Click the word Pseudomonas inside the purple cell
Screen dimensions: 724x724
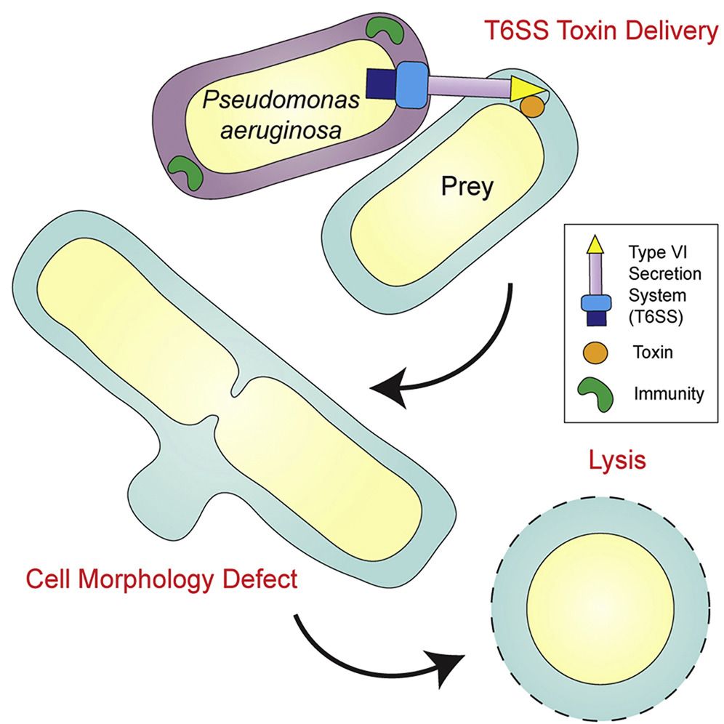click(x=281, y=100)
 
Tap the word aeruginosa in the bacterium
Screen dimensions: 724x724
click(x=281, y=131)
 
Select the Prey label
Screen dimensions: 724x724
click(x=467, y=188)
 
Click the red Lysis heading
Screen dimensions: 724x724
click(x=617, y=460)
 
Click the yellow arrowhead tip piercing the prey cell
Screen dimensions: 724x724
click(x=546, y=89)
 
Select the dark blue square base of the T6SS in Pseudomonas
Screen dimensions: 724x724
click(x=382, y=84)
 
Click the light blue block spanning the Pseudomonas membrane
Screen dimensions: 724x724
click(x=412, y=85)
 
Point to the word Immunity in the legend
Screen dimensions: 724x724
click(x=669, y=394)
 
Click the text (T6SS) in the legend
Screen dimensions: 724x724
click(x=655, y=318)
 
